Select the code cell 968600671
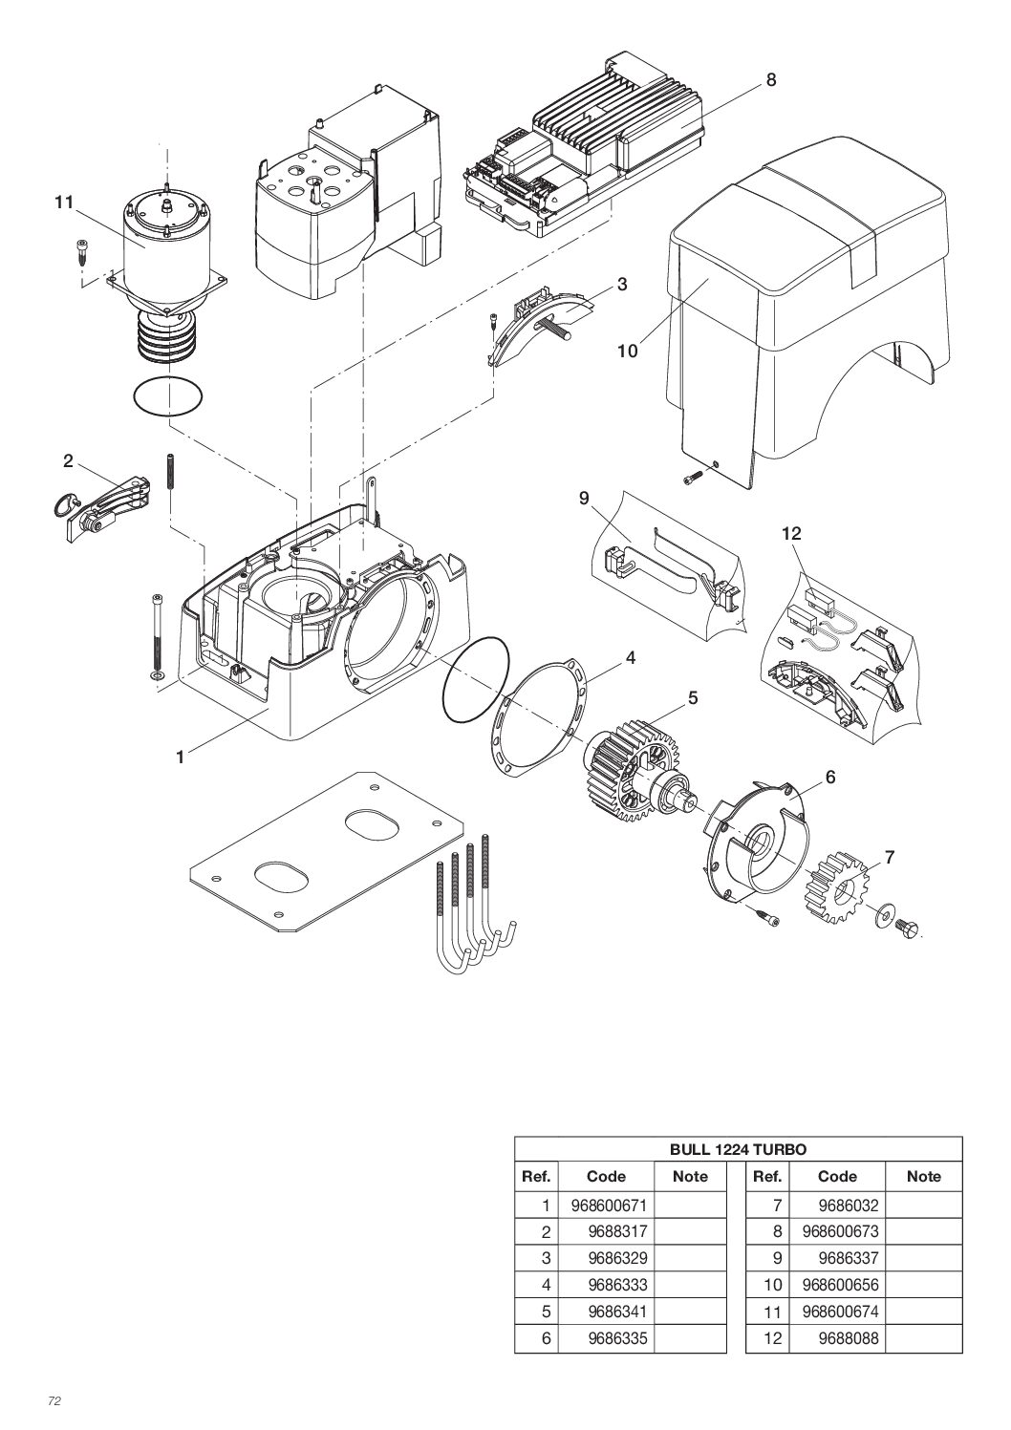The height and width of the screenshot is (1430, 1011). coord(607,1206)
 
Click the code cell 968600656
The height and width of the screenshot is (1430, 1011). coord(840,1286)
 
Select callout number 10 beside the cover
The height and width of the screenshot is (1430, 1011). coord(626,351)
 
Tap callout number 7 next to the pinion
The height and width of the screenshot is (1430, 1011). coord(889,858)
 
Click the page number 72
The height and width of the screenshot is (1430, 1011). coord(54,1401)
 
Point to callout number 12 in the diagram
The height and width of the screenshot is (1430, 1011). coord(791,533)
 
